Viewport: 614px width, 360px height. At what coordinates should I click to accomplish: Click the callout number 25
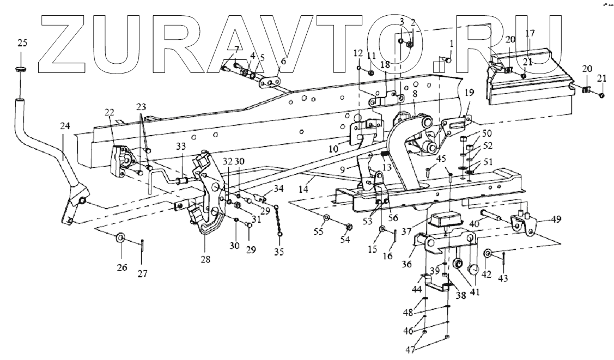(x=21, y=43)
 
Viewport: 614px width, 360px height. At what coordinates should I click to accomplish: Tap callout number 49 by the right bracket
(x=555, y=219)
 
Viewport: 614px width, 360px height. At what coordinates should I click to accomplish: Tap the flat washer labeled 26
(x=120, y=238)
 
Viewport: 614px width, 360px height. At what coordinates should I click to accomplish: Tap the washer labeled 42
(x=488, y=253)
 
